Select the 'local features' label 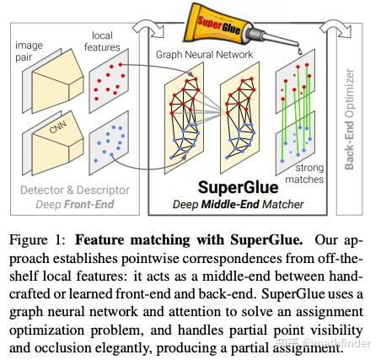coord(106,42)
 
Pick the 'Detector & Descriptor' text coord(67,191)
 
